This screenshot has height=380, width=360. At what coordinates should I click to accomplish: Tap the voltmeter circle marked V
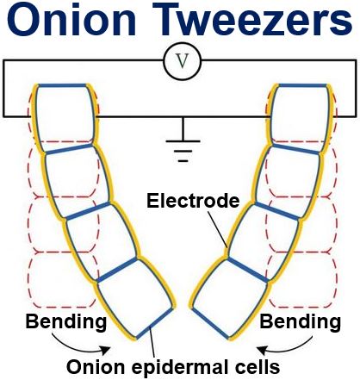(x=183, y=61)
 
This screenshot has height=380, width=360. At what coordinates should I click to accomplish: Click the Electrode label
(x=193, y=201)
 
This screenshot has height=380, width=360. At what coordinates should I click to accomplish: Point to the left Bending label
(x=66, y=321)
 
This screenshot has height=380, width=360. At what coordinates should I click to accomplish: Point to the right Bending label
(x=301, y=321)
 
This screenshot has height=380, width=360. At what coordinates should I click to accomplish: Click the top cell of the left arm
(x=65, y=117)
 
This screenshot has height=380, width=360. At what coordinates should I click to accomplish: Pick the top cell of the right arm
(x=300, y=118)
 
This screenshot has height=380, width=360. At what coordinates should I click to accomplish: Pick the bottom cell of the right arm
(x=231, y=299)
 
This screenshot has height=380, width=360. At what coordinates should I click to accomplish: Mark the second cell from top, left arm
(x=78, y=182)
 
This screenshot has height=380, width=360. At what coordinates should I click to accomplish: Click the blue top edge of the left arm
(x=62, y=85)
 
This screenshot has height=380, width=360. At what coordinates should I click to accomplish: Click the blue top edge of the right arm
(x=303, y=85)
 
